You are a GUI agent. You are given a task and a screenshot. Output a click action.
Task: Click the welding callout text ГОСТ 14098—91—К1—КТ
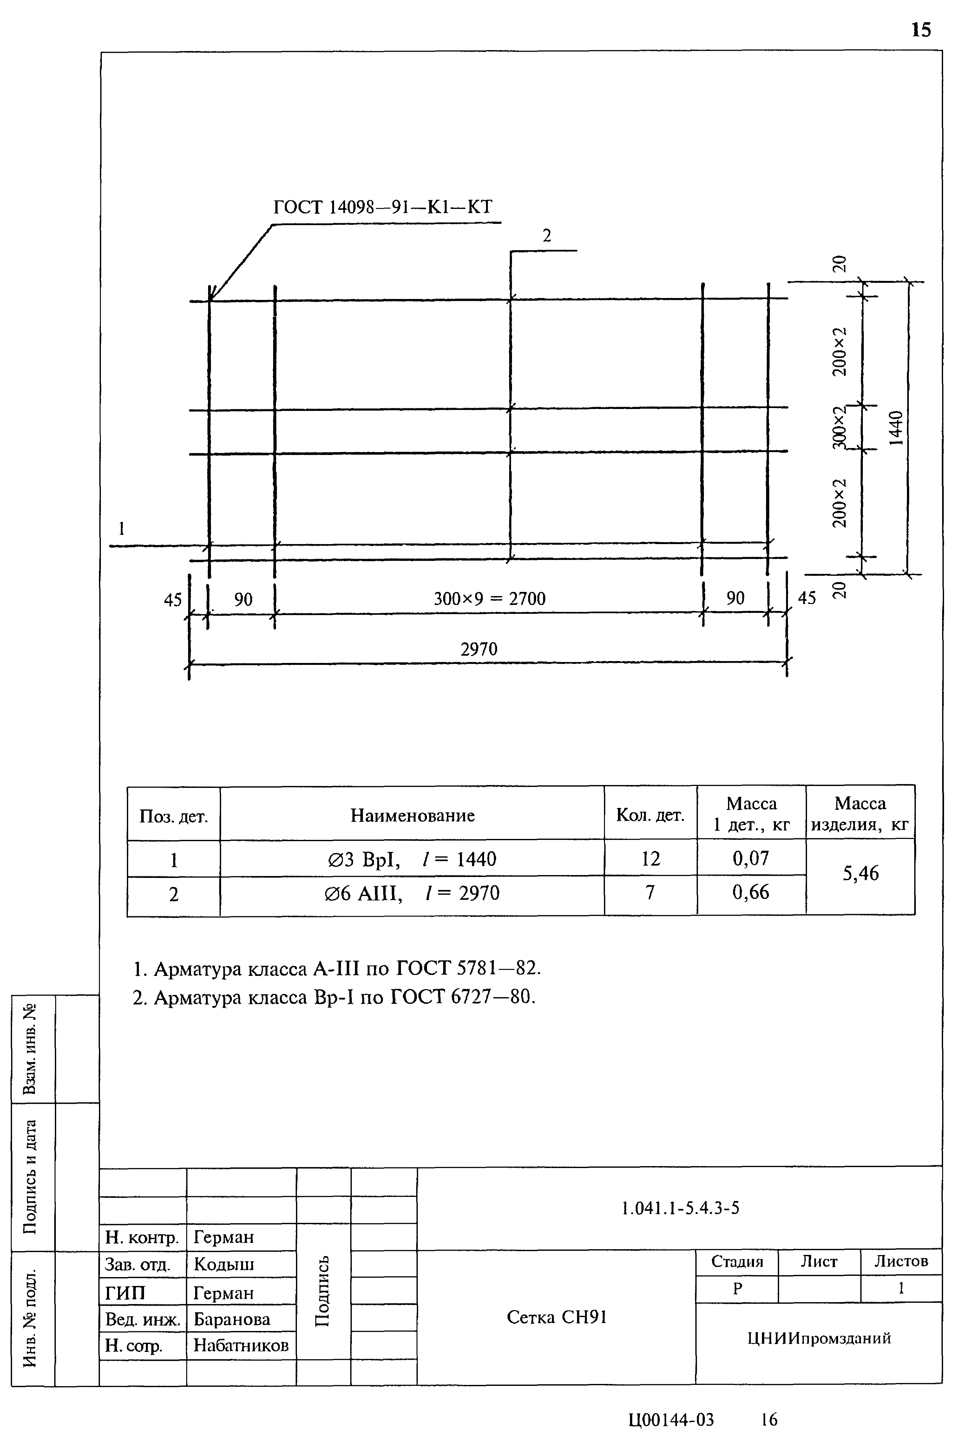tap(383, 207)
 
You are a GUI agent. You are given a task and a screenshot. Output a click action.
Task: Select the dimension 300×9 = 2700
tap(489, 598)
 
